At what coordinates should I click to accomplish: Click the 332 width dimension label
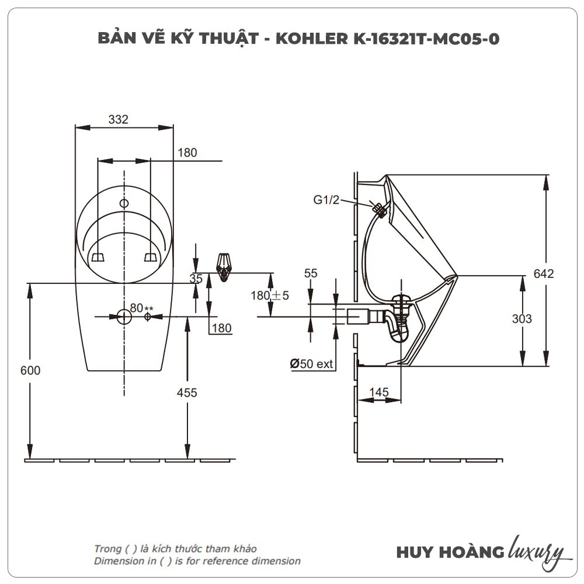click(118, 119)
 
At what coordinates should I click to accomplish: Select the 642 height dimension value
click(543, 274)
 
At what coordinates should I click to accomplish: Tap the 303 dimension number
click(522, 319)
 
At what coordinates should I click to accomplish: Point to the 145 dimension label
click(379, 392)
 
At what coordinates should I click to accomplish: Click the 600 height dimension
click(30, 370)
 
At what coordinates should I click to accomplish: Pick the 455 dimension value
click(187, 392)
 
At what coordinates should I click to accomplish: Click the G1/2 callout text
click(326, 200)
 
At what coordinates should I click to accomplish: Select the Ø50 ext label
click(311, 363)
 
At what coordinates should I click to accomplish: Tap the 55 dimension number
click(311, 273)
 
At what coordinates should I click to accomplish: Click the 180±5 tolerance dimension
click(270, 296)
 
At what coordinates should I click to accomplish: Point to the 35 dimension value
click(196, 278)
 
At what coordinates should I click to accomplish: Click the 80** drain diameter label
click(141, 308)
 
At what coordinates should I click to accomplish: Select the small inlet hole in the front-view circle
click(124, 203)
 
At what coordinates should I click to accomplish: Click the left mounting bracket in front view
click(98, 257)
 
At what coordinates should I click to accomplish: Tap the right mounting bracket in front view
click(151, 257)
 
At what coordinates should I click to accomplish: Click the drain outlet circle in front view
click(124, 317)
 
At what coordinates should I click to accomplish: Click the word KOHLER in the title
click(312, 39)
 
